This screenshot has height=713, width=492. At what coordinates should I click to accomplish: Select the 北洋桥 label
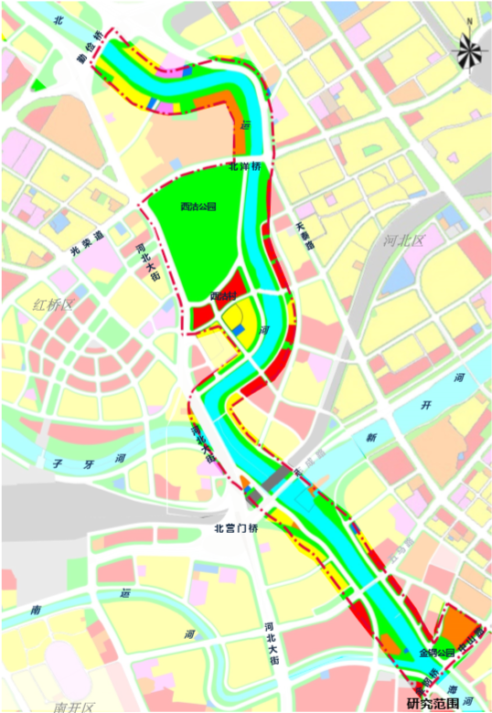click(x=245, y=167)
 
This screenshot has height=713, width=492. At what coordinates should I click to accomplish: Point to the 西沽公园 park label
click(x=198, y=208)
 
